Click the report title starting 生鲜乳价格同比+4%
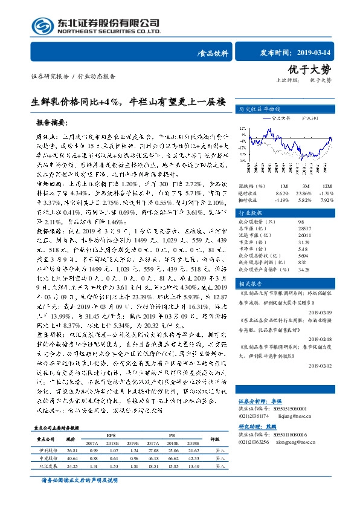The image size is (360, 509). coord(128,101)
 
